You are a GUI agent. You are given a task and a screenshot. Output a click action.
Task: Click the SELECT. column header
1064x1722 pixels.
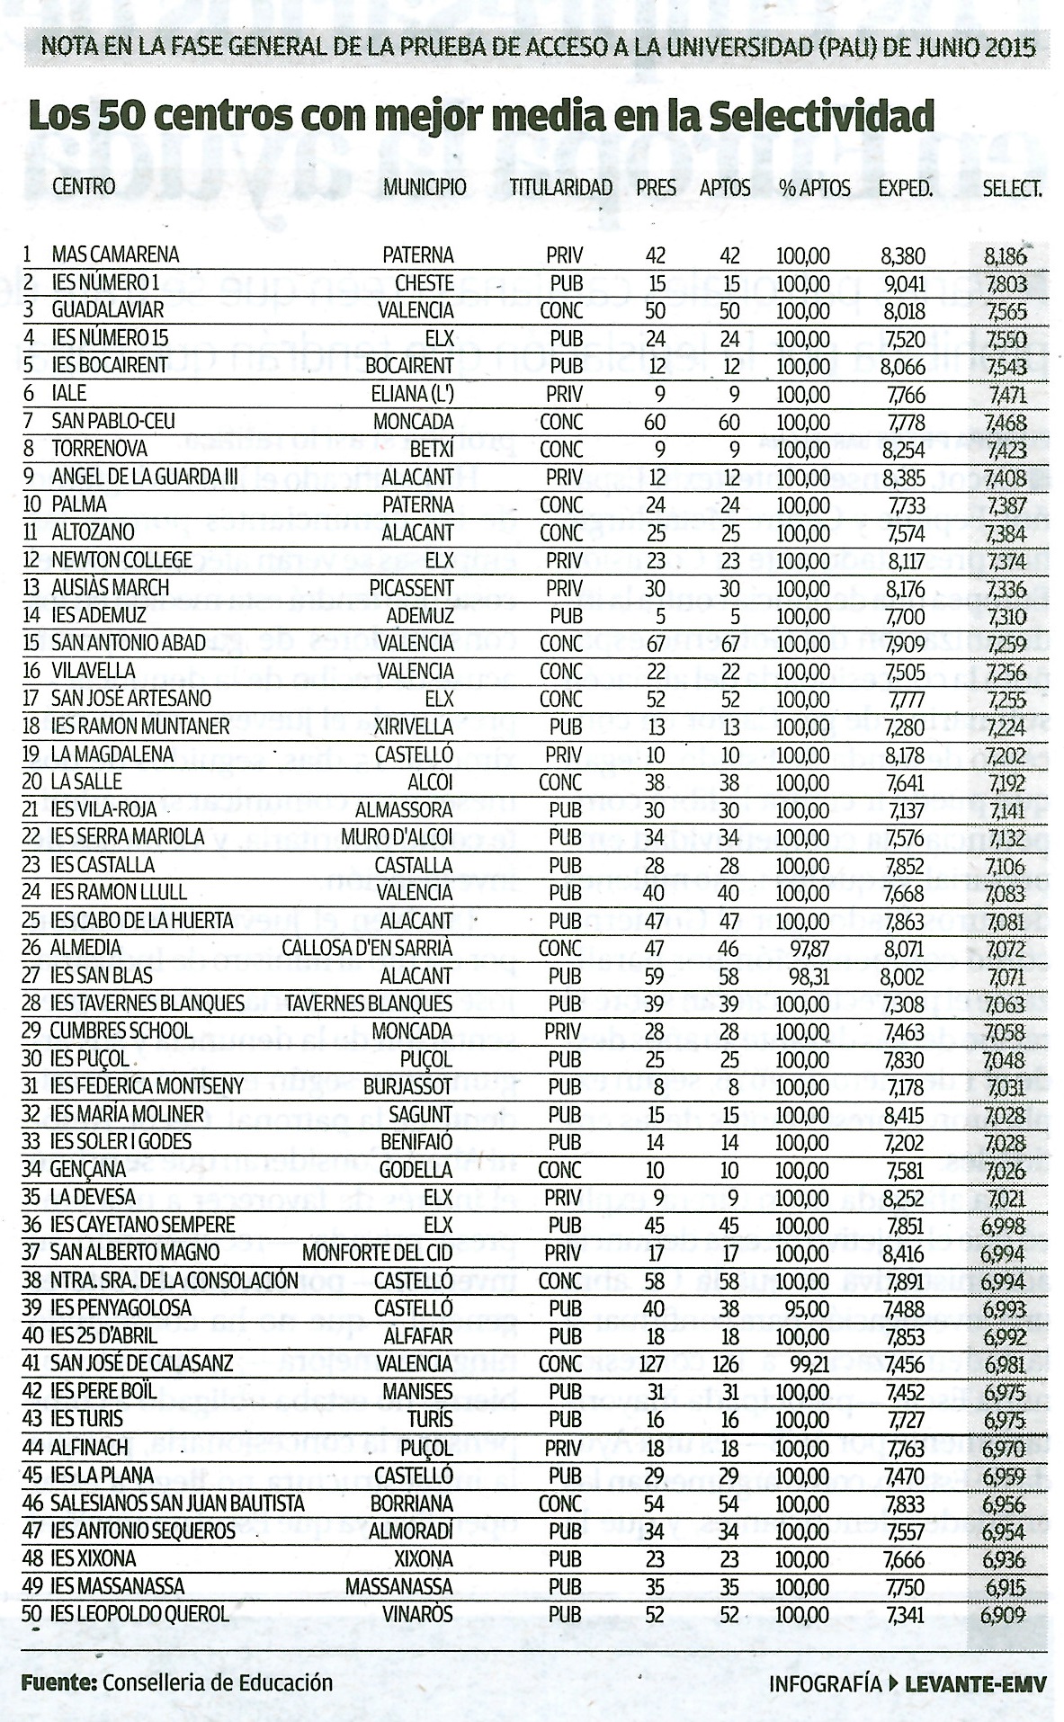pos(1012,188)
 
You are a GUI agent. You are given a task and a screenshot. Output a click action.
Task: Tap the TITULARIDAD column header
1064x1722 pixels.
pos(560,188)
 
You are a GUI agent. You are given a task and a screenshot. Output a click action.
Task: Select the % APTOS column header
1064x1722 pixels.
pos(815,188)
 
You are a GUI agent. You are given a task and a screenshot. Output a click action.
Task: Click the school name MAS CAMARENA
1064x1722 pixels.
pos(115,255)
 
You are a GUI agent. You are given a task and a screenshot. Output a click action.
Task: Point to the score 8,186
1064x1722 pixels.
pos(1005,256)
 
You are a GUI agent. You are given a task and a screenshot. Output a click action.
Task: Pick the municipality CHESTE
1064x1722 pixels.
pos(425,283)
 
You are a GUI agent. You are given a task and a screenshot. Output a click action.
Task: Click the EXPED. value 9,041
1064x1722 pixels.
pos(903,283)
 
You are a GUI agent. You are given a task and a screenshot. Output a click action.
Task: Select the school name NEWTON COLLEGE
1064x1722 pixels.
pos(121,560)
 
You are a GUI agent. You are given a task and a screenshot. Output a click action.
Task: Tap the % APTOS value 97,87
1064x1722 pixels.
pos(803,949)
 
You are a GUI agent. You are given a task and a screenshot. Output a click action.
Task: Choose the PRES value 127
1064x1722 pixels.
pos(651,1363)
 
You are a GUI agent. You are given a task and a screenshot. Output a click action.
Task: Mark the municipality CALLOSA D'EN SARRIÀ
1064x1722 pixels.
pos(367,949)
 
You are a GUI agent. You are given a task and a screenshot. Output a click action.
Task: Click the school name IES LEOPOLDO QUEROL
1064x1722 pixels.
pos(139,1614)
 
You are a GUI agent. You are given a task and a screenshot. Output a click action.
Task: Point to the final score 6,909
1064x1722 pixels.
pos(1004,1615)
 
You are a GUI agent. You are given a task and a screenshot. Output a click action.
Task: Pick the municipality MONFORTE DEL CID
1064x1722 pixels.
pos(377,1253)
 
